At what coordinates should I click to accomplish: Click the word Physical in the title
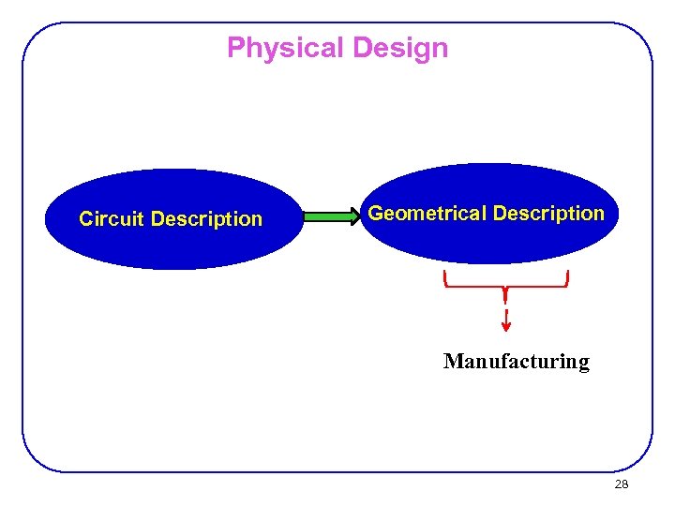279,48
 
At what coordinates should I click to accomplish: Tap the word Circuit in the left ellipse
112,219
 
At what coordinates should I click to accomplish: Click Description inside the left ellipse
206,219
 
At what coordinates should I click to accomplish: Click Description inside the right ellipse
548,214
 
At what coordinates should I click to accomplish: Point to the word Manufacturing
516,362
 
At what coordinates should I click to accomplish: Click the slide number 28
621,484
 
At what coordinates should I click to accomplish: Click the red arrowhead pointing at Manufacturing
506,325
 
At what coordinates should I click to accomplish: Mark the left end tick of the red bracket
445,277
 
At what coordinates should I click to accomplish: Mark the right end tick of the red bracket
567,277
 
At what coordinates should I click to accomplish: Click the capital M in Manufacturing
452,362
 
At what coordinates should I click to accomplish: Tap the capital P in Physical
235,48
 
